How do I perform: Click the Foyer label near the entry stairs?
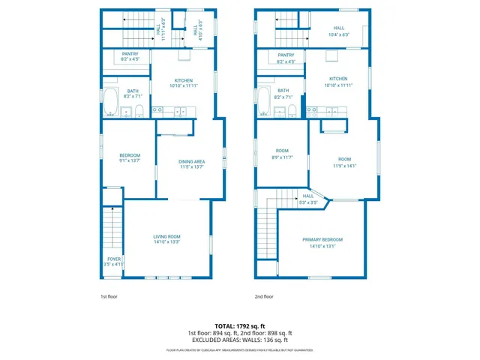113,262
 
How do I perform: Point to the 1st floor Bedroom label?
130,157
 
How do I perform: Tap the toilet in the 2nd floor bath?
292,112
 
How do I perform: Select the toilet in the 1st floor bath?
139,112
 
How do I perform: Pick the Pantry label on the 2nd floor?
286,58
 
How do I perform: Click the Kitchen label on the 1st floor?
184,83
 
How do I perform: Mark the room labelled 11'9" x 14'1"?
344,162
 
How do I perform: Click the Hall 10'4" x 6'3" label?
338,32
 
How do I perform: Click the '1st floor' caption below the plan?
109,296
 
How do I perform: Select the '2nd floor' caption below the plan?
263,296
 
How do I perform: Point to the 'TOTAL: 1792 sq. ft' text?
239,326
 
